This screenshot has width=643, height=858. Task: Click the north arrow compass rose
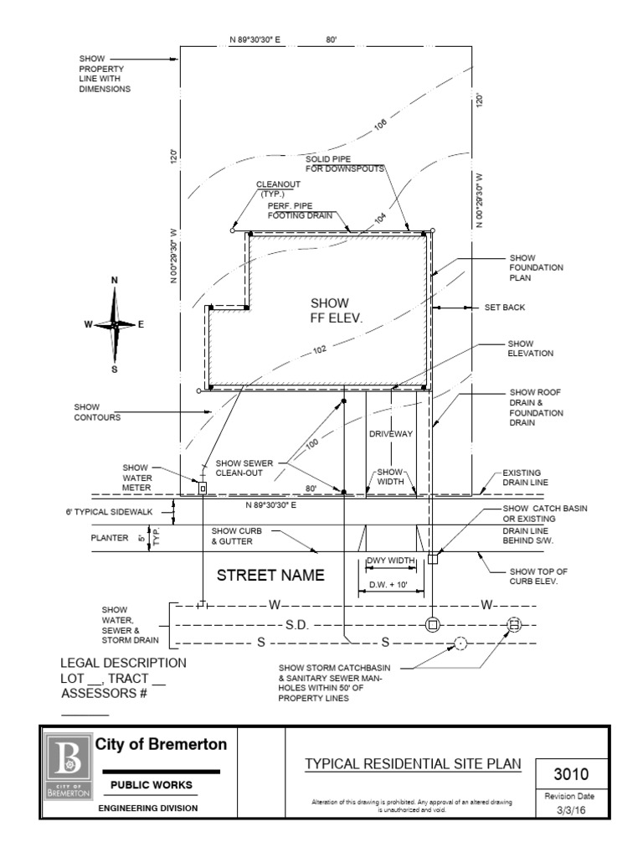[115, 323]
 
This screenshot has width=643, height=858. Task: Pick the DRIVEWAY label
[391, 435]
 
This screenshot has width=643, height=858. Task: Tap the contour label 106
[381, 125]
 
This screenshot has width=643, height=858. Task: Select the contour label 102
[320, 350]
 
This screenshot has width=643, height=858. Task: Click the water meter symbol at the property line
[202, 487]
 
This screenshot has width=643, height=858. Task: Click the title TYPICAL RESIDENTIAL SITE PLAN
[413, 763]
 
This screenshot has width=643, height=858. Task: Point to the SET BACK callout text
[505, 308]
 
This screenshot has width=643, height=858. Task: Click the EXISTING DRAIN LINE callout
[527, 478]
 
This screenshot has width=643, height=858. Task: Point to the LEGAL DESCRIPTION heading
[123, 663]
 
